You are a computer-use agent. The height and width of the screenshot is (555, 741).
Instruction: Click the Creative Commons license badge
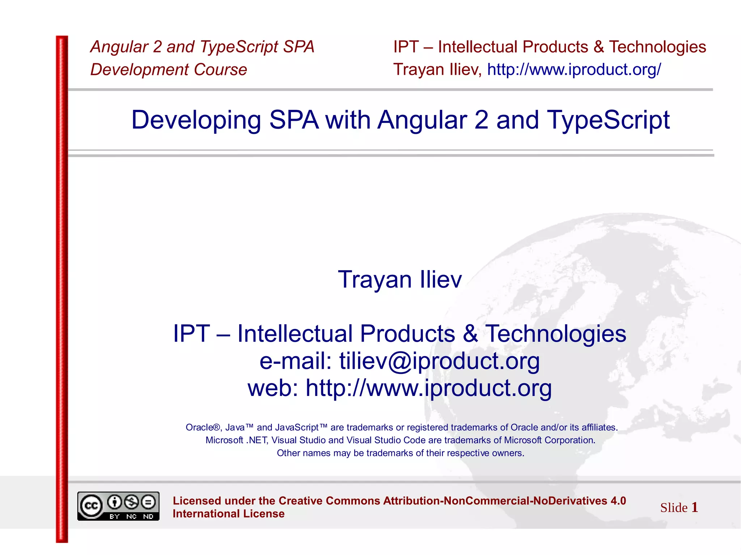tap(118, 506)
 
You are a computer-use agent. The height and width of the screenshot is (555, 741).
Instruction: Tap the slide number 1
tap(694, 507)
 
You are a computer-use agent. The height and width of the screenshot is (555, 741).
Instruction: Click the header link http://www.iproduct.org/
tap(574, 69)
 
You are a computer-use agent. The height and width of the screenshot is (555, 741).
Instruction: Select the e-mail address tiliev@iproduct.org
tap(439, 361)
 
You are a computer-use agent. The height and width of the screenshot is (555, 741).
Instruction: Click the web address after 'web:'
tap(429, 388)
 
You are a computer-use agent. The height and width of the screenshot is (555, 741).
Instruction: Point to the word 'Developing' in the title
tap(196, 120)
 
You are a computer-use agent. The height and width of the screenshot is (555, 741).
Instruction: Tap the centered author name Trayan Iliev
tap(400, 279)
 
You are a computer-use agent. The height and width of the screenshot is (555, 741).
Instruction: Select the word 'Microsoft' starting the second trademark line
tap(224, 440)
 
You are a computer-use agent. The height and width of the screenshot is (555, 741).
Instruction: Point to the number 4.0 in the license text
tap(618, 501)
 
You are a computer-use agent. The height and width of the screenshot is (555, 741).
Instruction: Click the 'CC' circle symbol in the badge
tap(91, 506)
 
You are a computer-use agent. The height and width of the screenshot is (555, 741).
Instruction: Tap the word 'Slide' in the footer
tap(674, 508)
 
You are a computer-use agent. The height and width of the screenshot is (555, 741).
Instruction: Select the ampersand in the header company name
tap(598, 47)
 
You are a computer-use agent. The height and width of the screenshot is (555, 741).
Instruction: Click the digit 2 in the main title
tap(481, 120)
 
